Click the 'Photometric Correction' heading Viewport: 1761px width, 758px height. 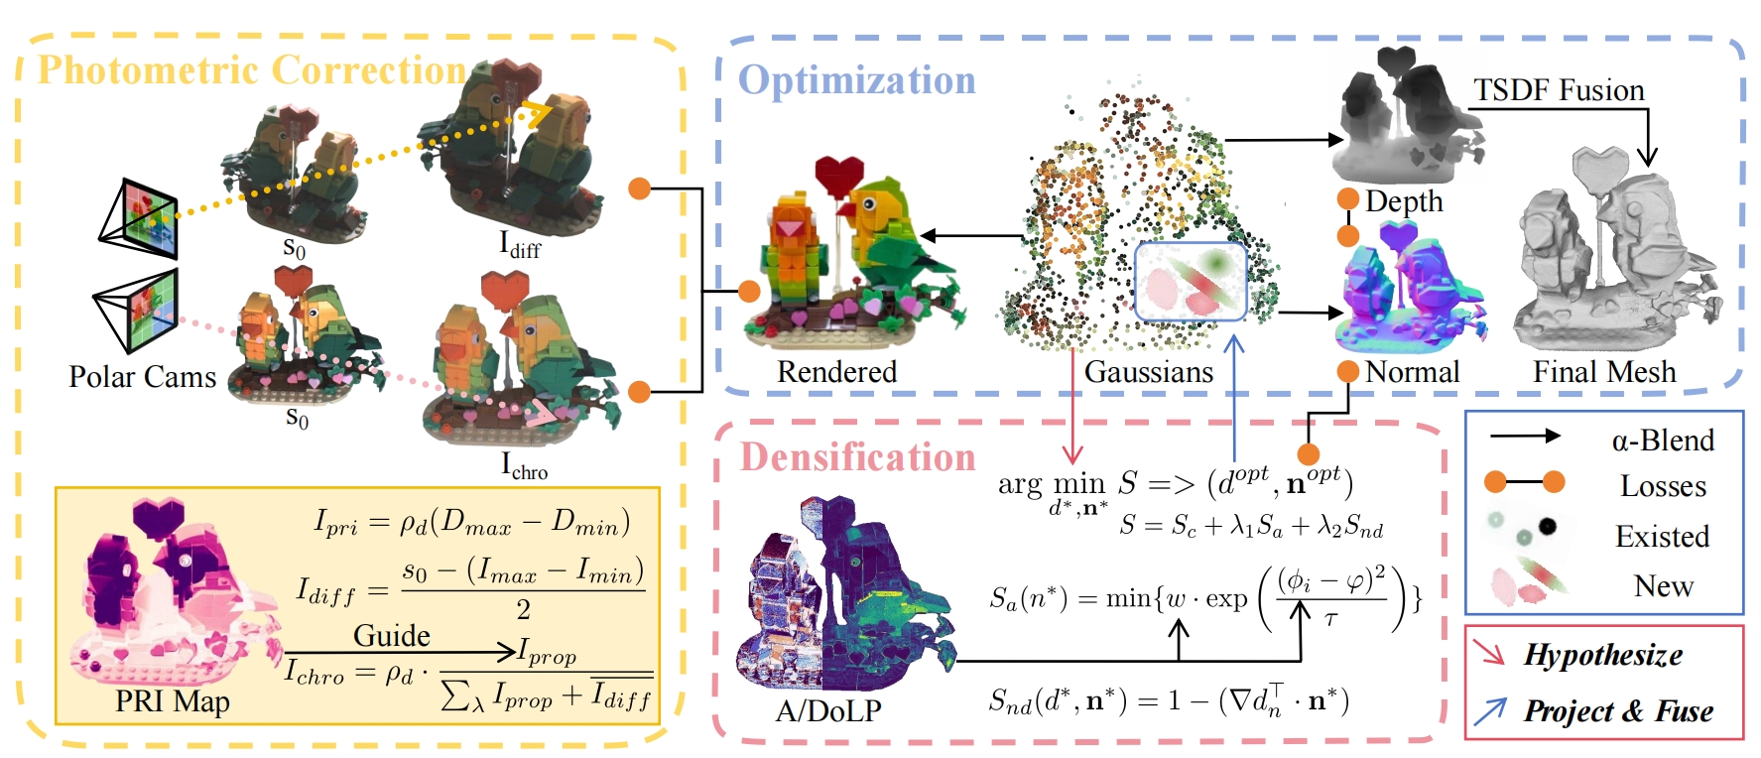coord(251,69)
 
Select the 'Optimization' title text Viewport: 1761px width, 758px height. coord(857,80)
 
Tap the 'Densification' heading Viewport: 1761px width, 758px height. coord(858,457)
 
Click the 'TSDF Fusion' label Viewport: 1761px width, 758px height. coord(1559,90)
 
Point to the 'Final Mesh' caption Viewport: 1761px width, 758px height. coord(1604,371)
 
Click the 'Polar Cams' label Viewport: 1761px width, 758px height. coord(142,377)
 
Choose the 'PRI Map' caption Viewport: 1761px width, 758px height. coord(172,701)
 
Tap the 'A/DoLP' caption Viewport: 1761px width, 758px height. coord(827,709)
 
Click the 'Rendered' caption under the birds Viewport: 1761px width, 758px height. coord(836,371)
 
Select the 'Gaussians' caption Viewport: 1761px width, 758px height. coord(1148,371)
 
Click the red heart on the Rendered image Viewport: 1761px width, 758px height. coord(838,175)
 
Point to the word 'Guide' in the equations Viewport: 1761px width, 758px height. coord(392,635)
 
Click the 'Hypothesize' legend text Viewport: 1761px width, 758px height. coord(1603,655)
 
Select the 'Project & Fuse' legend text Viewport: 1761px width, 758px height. coord(1618,711)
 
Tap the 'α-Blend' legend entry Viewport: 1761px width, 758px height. coord(1663,440)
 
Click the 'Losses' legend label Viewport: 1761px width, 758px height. coord(1663,486)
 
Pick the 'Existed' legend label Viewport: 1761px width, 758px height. coord(1662,537)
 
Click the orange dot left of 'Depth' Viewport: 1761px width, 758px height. coord(1347,199)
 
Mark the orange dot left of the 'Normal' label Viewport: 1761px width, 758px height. coord(1347,372)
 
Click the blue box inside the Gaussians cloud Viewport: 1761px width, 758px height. coord(1190,282)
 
